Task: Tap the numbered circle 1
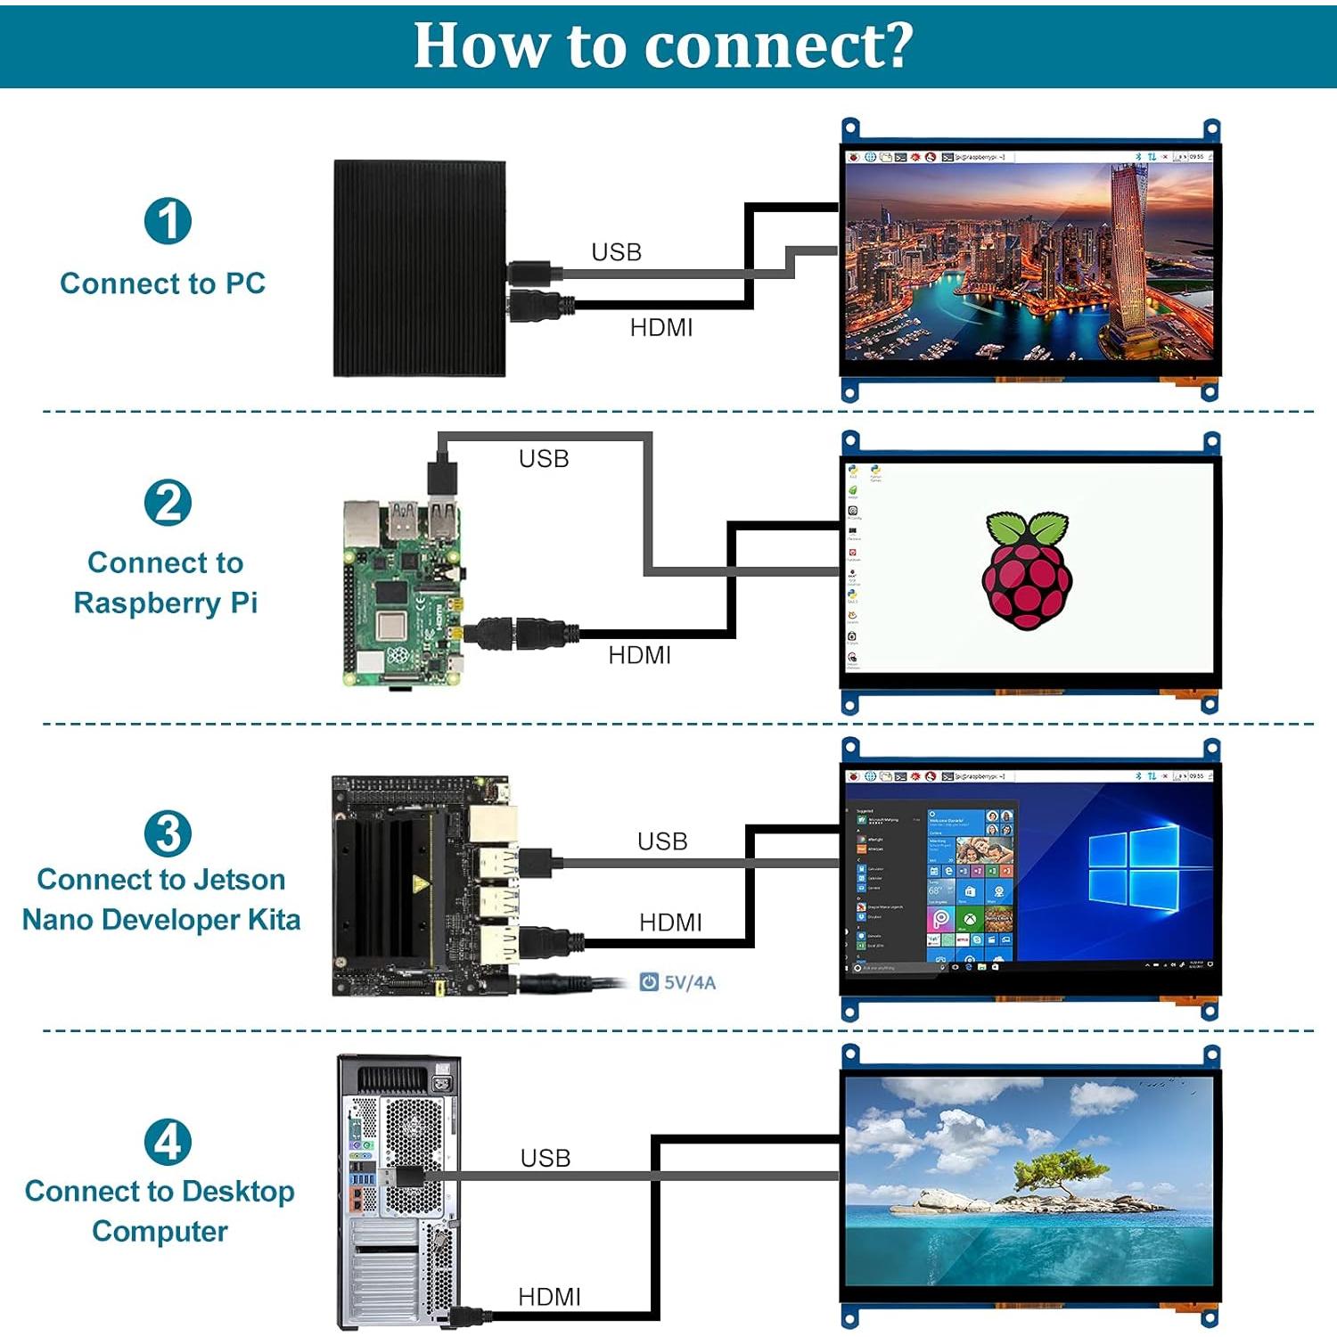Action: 168,221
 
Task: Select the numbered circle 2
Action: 168,503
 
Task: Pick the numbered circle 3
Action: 168,833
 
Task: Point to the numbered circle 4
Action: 168,1142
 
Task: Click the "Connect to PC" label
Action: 163,283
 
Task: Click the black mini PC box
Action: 419,267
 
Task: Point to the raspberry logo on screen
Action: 1027,570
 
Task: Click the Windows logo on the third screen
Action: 1133,869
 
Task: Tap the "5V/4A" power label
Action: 689,982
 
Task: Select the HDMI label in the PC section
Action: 660,328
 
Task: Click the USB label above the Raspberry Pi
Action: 544,459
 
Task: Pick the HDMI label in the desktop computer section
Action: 549,1297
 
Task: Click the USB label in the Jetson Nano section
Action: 662,841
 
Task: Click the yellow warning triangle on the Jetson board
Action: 419,884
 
